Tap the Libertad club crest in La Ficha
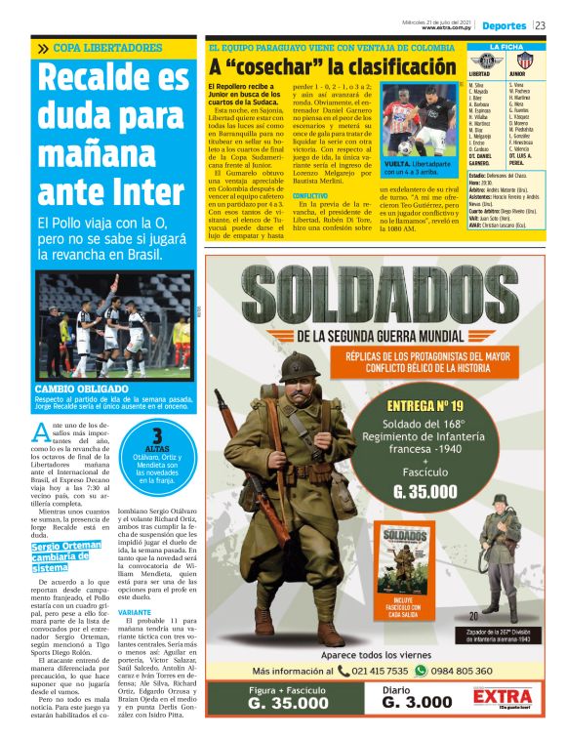pyautogui.click(x=480, y=61)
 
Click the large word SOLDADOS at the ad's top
pyautogui.click(x=385, y=297)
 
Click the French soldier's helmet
pyautogui.click(x=297, y=369)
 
